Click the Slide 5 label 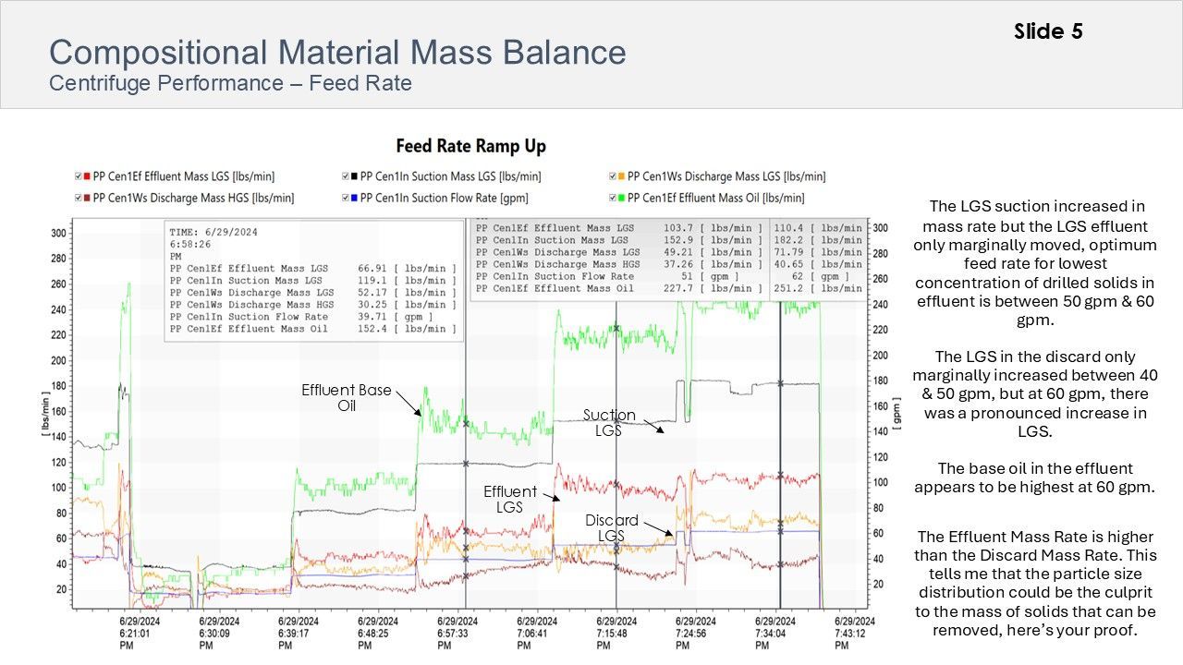tap(1048, 31)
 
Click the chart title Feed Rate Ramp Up tap(470, 146)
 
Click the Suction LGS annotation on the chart tap(609, 423)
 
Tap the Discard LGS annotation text tap(611, 528)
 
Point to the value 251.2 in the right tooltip tap(788, 288)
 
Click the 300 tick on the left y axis tap(59, 234)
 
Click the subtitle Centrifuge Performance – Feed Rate tap(230, 84)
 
